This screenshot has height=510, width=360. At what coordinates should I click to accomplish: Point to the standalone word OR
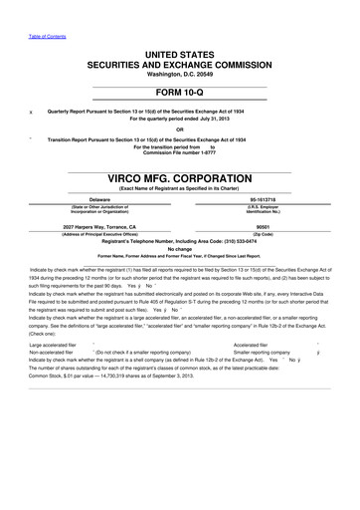pos(179,128)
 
